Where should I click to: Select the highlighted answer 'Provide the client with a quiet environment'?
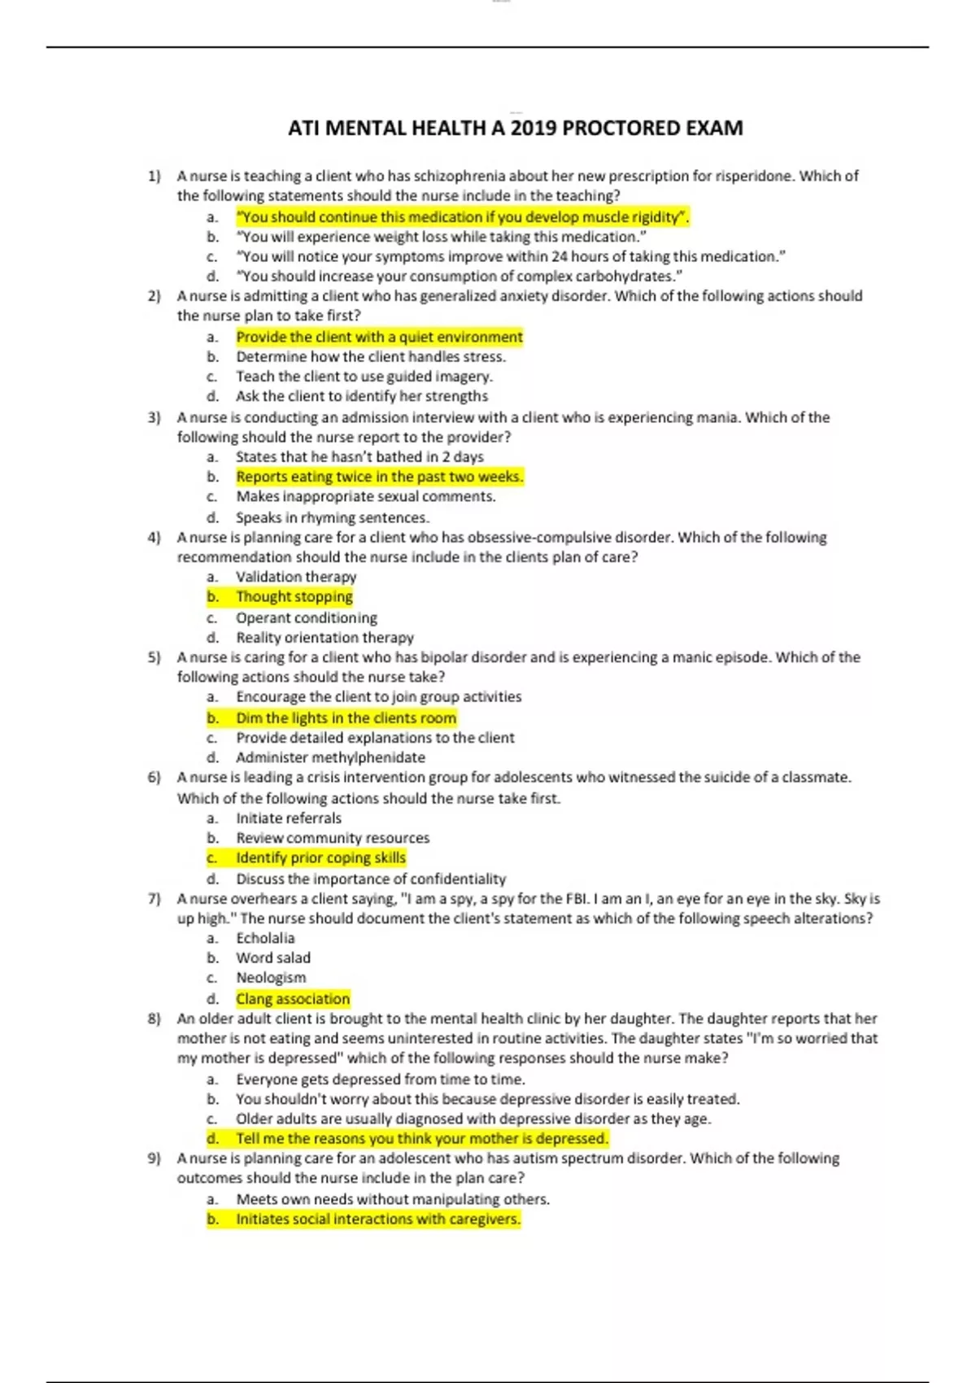click(379, 337)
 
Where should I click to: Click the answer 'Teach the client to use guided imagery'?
click(364, 377)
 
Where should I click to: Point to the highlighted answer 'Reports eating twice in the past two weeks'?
click(379, 477)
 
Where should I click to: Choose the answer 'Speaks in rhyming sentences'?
click(332, 517)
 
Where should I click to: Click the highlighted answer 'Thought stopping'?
click(294, 596)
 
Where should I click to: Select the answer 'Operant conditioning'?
click(307, 617)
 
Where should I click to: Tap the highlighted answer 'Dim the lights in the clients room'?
click(346, 718)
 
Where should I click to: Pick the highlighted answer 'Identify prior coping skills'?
click(320, 857)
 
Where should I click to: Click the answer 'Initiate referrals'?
click(289, 818)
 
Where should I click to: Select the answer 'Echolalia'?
click(265, 938)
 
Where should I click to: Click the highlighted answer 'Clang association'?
click(293, 998)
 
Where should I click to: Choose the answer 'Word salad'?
click(273, 958)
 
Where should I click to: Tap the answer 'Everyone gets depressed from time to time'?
click(380, 1080)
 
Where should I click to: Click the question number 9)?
click(155, 1158)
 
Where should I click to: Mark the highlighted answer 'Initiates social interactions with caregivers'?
click(377, 1219)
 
